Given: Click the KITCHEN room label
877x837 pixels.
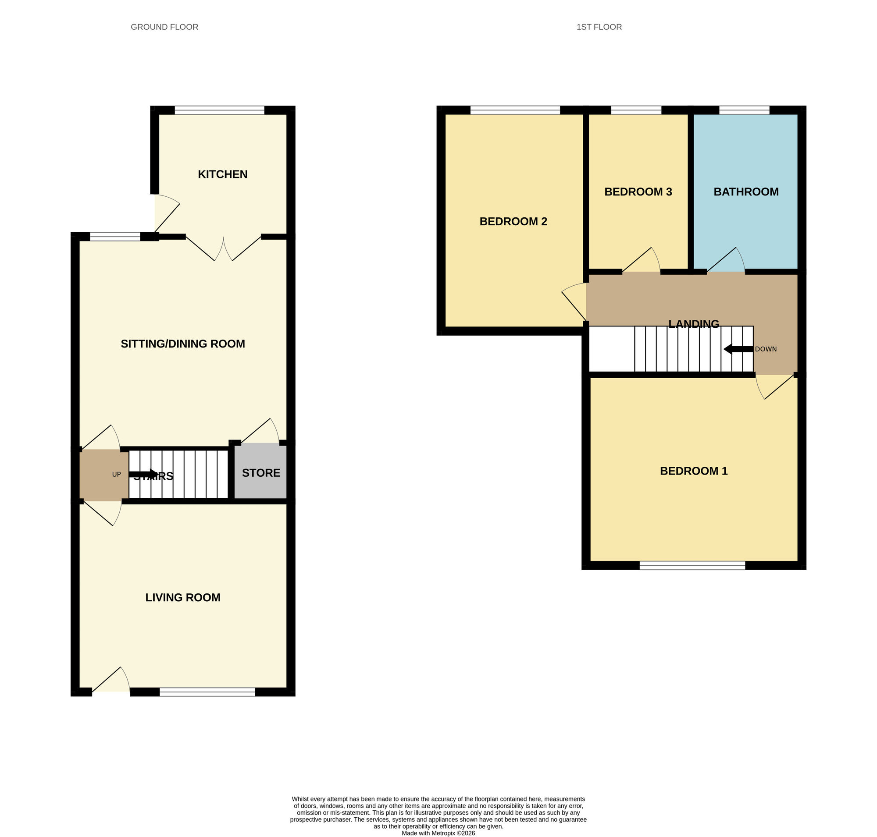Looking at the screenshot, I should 222,174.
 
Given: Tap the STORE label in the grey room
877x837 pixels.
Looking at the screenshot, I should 261,473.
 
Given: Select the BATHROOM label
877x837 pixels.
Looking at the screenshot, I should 746,192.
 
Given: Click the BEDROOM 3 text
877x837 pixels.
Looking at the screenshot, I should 638,192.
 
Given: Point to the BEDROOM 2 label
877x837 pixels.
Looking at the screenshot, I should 513,222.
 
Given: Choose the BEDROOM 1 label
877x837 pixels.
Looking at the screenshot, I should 693,471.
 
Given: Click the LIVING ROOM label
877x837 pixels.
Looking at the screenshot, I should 182,597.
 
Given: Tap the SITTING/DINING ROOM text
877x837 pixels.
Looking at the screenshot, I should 182,344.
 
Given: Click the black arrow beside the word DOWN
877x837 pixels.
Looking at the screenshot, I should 738,349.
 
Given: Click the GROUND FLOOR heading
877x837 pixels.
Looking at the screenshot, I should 164,27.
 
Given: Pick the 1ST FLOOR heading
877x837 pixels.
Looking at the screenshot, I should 599,27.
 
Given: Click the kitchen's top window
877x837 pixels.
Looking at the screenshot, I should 219,110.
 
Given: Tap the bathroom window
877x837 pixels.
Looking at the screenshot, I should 744,110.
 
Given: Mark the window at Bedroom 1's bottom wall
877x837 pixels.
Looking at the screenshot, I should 692,566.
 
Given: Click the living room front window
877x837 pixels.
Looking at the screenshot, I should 207,692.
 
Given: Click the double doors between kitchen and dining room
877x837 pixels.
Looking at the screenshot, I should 223,249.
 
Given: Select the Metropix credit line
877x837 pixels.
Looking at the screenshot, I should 438,833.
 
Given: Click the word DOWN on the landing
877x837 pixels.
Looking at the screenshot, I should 765,349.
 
